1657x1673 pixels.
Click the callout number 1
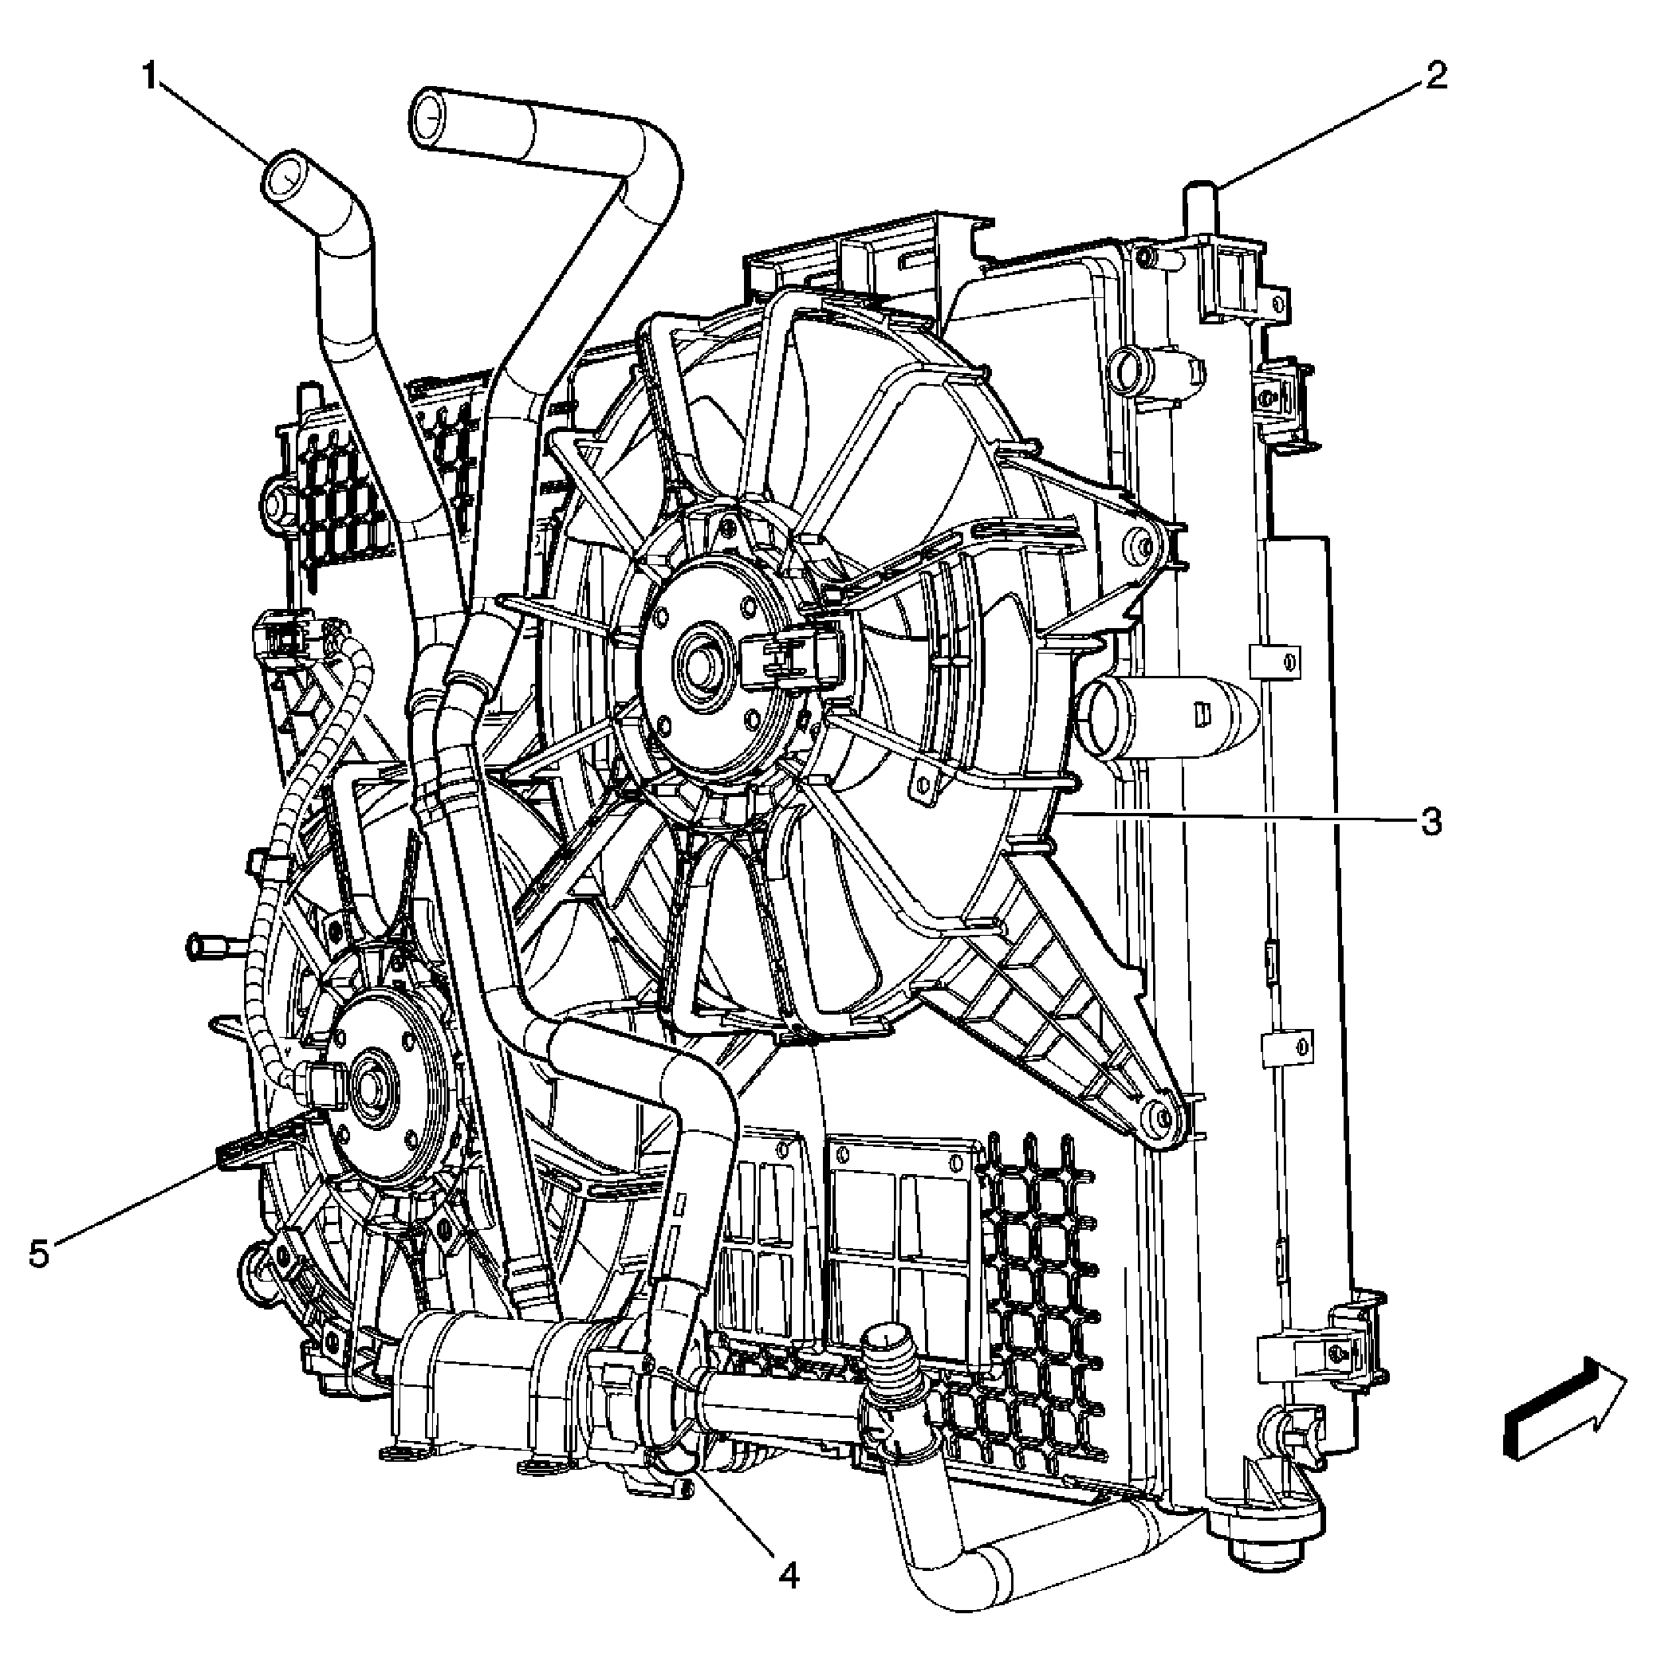150,79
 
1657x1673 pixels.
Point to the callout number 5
39,1254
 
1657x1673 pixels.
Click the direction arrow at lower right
1563,1420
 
